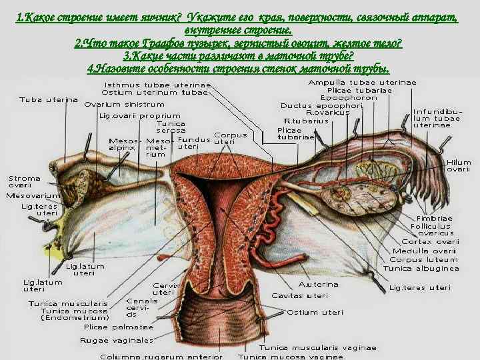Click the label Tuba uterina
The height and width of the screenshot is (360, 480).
(x=48, y=100)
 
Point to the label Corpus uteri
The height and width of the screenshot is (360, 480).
(x=230, y=138)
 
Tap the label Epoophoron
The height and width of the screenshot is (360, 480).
(x=349, y=97)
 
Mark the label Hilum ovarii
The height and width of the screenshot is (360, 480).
(x=459, y=166)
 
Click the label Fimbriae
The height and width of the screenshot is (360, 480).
(x=435, y=218)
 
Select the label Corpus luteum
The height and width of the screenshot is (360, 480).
(x=424, y=259)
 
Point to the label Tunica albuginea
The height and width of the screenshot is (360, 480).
(x=421, y=268)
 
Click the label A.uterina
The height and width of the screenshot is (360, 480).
(x=319, y=285)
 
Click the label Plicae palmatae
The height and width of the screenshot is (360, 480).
(x=118, y=327)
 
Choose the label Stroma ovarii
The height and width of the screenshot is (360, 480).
(x=24, y=182)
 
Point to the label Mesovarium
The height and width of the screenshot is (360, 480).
(x=33, y=195)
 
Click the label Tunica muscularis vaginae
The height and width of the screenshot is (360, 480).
(x=317, y=347)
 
